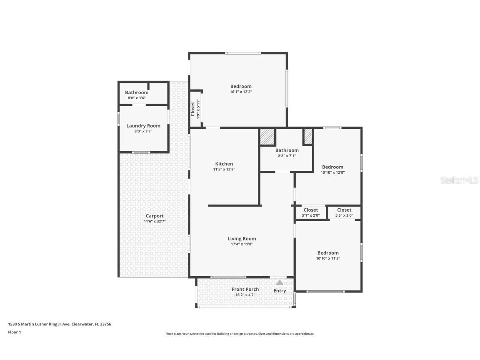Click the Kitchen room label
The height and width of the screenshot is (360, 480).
coord(224,164)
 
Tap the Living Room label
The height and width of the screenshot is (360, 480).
coord(242,238)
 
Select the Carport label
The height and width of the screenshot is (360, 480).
coord(155,216)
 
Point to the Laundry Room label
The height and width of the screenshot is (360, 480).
coord(143,126)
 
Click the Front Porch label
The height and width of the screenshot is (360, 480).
coord(245,289)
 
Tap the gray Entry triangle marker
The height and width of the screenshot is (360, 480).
coord(280,282)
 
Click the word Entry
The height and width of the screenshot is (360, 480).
coord(280,291)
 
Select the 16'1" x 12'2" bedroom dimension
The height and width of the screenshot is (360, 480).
coord(241,92)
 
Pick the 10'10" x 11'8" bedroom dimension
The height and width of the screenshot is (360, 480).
coord(328,258)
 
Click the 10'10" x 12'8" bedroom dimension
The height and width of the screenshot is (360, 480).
coord(333,172)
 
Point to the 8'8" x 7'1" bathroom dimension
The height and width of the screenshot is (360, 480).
coord(287,156)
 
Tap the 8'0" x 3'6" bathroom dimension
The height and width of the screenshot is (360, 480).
coord(137,98)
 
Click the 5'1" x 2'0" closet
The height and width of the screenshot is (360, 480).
coord(311,212)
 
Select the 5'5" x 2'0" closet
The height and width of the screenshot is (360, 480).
coord(344,212)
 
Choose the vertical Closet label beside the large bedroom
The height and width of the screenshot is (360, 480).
coord(193,109)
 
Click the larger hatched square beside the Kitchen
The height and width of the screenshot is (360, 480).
coord(268,137)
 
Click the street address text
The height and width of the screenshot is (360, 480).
coord(60,324)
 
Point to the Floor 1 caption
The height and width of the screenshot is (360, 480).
coord(15,332)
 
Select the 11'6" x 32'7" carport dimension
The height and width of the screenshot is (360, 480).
coord(155,221)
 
